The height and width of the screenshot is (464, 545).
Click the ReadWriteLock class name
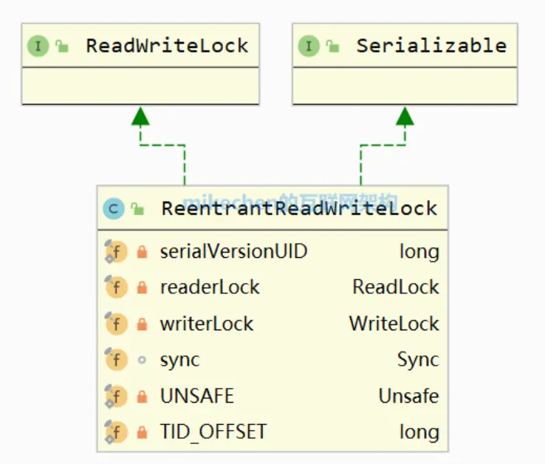[x=167, y=46]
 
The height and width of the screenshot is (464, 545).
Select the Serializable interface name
[x=431, y=46]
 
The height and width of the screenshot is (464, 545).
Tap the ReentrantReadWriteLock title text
[x=299, y=208]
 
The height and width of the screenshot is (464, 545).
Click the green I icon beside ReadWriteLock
[x=38, y=47]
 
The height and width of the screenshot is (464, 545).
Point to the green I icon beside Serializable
[x=309, y=47]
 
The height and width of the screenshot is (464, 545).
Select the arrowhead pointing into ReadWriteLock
[x=140, y=115]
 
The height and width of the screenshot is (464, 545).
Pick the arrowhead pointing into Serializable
[x=405, y=115]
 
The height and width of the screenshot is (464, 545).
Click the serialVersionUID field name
[x=233, y=251]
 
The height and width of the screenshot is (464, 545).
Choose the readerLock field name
[x=210, y=287]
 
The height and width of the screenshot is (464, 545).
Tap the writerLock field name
[x=207, y=324]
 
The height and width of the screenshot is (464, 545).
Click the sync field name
[x=179, y=360]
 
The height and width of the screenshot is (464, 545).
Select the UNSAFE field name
[x=196, y=396]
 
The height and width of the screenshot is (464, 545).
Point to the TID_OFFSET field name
[x=213, y=432]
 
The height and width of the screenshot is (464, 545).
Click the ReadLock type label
[x=395, y=287]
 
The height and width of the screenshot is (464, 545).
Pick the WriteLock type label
[x=394, y=324]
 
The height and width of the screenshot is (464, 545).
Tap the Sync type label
[x=417, y=360]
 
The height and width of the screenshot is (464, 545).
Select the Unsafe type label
[x=408, y=396]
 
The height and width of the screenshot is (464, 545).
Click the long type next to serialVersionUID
[x=419, y=251]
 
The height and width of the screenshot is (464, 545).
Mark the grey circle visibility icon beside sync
[x=142, y=361]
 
